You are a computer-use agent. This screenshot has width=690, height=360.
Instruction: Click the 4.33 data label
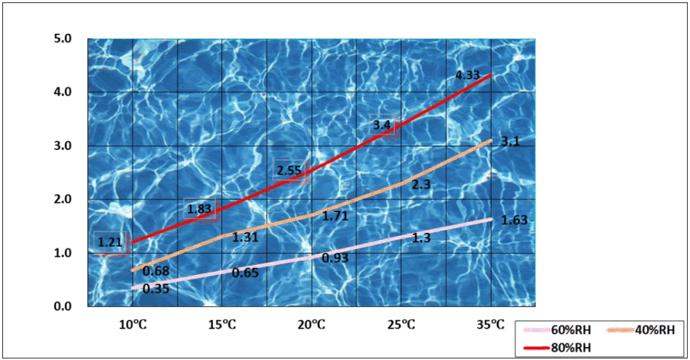[x=467, y=75]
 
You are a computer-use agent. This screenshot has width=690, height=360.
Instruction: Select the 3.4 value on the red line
[x=382, y=125]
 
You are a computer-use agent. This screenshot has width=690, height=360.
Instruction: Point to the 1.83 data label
[x=201, y=209]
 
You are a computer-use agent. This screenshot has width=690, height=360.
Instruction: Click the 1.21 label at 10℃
[x=110, y=243]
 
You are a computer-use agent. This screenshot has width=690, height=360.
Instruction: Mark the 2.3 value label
[x=420, y=185]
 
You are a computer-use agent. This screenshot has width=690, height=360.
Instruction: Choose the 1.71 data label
[x=335, y=217]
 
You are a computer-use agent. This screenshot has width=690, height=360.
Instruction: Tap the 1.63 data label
[x=514, y=221]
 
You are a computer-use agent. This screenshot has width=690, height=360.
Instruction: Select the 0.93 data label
[x=335, y=258]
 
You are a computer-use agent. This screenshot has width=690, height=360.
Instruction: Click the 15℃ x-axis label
[x=222, y=325]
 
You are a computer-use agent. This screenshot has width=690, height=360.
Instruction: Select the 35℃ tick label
[x=491, y=325]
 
